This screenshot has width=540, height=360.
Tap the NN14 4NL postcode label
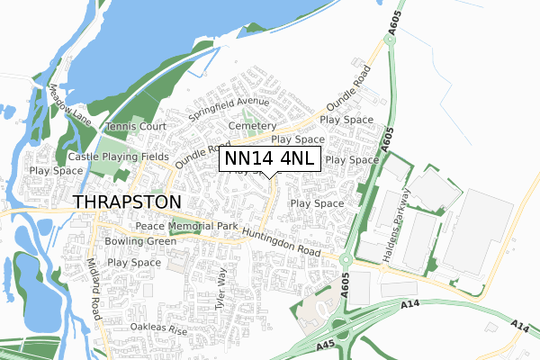270,159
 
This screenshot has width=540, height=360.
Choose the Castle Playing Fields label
118,157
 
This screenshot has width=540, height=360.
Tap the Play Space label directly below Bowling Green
133,262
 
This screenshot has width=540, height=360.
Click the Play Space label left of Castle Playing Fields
56,170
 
